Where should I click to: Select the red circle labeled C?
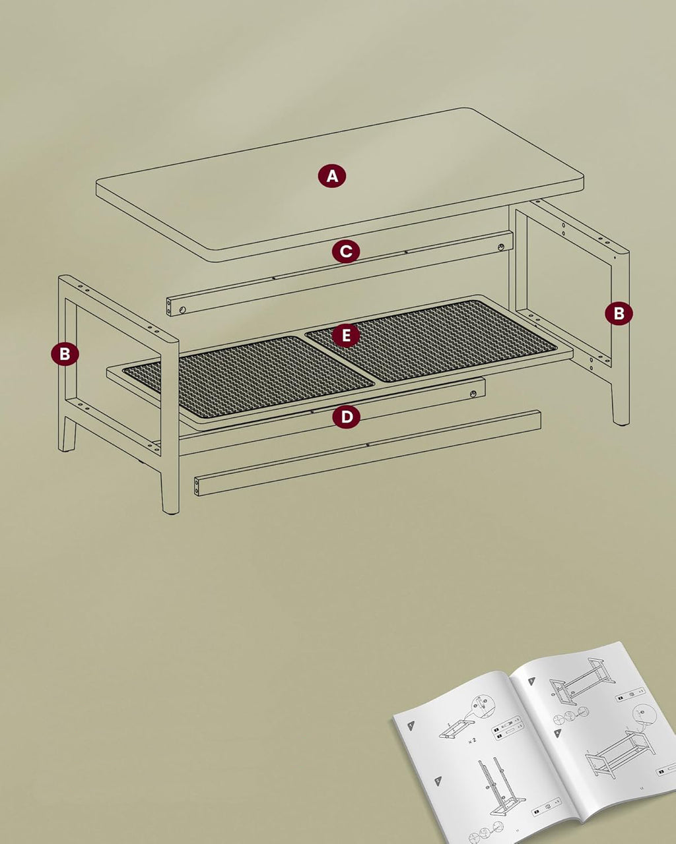tap(347, 251)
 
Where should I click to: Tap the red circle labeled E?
tap(346, 336)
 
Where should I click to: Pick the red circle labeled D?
tap(347, 417)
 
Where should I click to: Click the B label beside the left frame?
tap(65, 354)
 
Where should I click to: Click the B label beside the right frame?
tap(619, 313)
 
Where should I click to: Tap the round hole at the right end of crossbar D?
tap(473, 394)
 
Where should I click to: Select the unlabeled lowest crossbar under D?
tap(367, 453)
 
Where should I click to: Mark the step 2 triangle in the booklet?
tap(438, 779)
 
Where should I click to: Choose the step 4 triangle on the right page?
tap(558, 732)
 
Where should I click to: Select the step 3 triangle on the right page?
tap(531, 680)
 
